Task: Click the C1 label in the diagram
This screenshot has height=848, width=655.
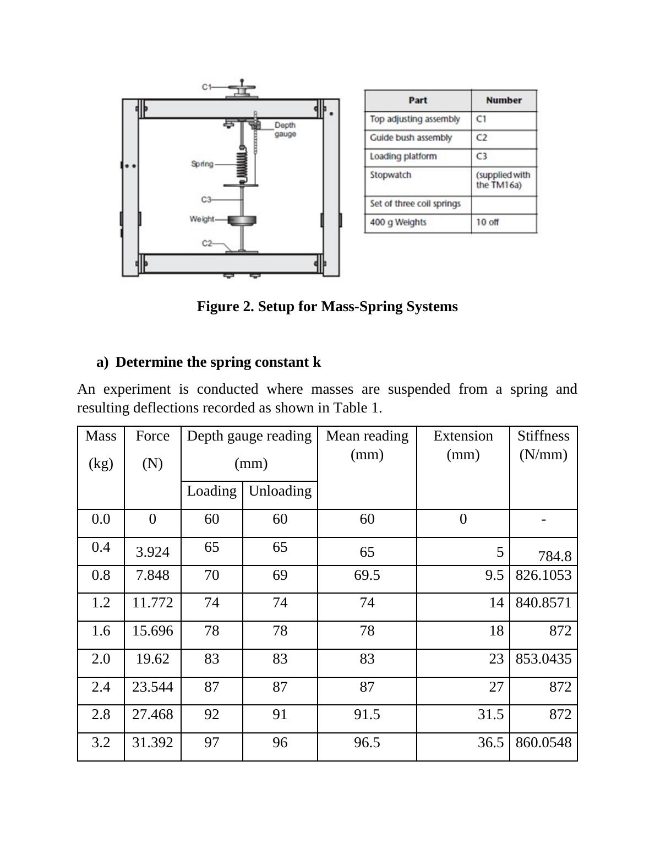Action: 206,86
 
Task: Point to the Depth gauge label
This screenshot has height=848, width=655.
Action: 285,129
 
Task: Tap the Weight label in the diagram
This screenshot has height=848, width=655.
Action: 201,219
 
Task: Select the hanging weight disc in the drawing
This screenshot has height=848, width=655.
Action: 242,221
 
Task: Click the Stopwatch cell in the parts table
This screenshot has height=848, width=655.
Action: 390,175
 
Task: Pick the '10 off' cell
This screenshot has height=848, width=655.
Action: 488,222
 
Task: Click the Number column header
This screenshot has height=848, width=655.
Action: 504,100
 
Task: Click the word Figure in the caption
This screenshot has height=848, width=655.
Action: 217,307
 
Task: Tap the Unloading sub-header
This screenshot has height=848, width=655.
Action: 280,491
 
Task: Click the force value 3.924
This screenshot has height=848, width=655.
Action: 152,552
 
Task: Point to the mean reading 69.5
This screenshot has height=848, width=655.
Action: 367,575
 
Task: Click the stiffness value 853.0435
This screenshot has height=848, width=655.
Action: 543,659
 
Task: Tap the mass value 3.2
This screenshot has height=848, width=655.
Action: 101,743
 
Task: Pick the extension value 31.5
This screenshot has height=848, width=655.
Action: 491,715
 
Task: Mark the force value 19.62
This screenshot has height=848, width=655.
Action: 152,659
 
